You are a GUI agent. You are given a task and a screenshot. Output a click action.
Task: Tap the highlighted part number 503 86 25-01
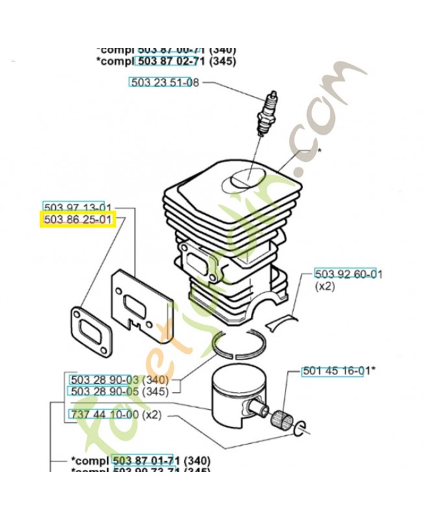[78, 220]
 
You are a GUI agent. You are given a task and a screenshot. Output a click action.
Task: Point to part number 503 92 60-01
[348, 274]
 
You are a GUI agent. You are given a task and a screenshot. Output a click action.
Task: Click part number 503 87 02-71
[171, 61]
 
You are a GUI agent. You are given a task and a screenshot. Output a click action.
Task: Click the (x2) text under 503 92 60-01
[325, 286]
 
